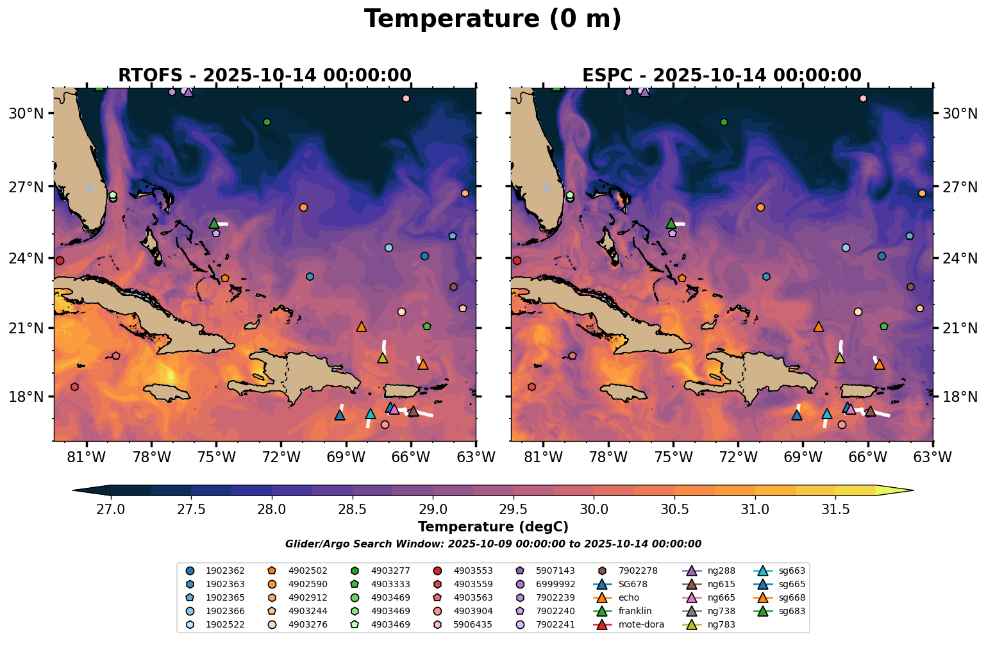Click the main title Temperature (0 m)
(492, 19)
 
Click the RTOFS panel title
(264, 75)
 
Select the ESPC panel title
(721, 75)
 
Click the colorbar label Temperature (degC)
(492, 528)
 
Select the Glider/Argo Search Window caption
(492, 544)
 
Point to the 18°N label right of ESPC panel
(959, 397)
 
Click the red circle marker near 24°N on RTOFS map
(60, 260)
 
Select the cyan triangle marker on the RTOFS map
(370, 414)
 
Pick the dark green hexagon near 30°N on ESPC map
(724, 122)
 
